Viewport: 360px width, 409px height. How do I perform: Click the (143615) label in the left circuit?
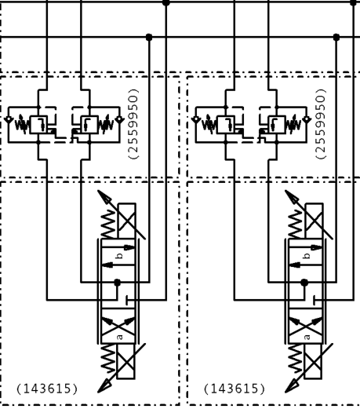point(47,389)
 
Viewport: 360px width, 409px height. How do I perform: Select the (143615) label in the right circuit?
point(235,389)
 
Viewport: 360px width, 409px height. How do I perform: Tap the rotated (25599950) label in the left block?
point(133,124)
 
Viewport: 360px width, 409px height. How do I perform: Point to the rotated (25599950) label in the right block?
point(321,124)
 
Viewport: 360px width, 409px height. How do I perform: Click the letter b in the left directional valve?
point(119,256)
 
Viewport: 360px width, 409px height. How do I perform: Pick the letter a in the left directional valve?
point(119,337)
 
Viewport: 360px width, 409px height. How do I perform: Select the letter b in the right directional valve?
point(307,256)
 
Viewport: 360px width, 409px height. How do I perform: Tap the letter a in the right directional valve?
point(307,337)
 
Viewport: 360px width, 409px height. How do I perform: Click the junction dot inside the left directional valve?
point(118,283)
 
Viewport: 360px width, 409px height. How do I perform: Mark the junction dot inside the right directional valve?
point(304,283)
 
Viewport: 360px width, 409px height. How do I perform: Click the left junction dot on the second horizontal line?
point(149,37)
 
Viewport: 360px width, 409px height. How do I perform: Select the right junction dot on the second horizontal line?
point(336,37)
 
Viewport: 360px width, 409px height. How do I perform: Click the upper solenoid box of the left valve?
point(127,221)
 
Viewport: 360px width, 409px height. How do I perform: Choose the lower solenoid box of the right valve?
point(314,361)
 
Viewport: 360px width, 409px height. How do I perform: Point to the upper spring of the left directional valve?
point(108,225)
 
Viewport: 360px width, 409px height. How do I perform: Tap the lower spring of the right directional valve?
point(296,358)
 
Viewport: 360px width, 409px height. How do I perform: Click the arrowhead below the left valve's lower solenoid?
point(104,386)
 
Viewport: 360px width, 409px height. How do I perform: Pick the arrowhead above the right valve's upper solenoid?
point(291,196)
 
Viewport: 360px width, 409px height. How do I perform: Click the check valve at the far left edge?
point(9,120)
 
